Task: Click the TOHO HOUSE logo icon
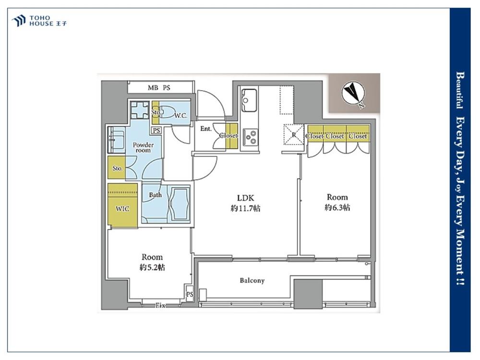point(18,21)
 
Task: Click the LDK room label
point(245,198)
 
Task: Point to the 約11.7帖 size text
point(245,208)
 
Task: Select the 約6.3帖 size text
point(337,207)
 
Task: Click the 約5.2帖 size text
point(152,267)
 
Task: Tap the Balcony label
point(252,280)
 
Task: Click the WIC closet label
point(122,209)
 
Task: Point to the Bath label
point(155,195)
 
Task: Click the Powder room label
point(143,147)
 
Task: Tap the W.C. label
point(180,116)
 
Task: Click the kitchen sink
point(249,100)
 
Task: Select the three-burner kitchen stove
point(251,137)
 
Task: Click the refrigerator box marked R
point(294,134)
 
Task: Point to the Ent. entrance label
point(206,129)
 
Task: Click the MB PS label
point(158,88)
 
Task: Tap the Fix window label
point(160,305)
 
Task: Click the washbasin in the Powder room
point(116,140)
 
